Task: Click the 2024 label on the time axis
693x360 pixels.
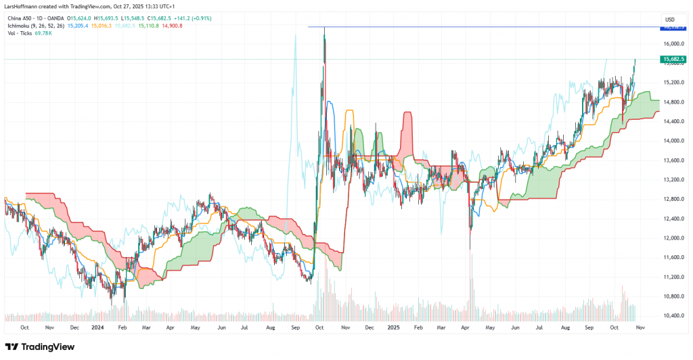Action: tap(97, 327)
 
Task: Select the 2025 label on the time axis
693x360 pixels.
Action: tap(394, 327)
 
